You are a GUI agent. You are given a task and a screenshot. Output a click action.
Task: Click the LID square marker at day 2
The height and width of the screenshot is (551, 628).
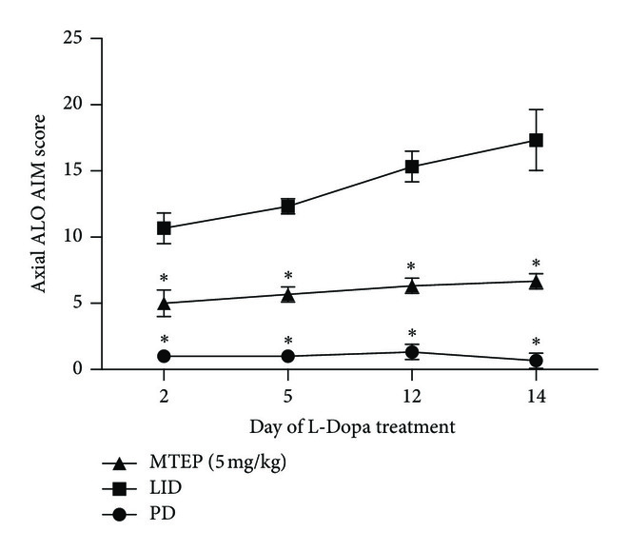pyautogui.click(x=164, y=228)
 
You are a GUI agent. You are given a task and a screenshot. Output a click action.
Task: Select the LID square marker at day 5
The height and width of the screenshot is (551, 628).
pyautogui.click(x=287, y=207)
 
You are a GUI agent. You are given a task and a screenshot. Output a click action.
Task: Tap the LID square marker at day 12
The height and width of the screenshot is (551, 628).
pyautogui.click(x=412, y=167)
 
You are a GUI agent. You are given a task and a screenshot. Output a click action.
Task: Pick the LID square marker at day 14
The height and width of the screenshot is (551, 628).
pyautogui.click(x=537, y=140)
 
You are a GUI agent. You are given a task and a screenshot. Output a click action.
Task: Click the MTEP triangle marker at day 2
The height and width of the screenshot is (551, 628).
pyautogui.click(x=164, y=304)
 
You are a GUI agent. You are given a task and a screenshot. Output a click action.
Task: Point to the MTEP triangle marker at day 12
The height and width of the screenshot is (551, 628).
pyautogui.click(x=412, y=285)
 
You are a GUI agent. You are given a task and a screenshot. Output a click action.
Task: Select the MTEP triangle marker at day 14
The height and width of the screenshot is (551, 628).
pyautogui.click(x=537, y=282)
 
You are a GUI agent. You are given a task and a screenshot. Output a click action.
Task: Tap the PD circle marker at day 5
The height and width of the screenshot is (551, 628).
pyautogui.click(x=287, y=356)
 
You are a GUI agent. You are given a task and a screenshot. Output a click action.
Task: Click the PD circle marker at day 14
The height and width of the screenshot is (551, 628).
pyautogui.click(x=537, y=361)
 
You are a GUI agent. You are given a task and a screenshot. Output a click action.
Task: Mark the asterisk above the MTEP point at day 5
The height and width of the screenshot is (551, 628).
pyautogui.click(x=287, y=275)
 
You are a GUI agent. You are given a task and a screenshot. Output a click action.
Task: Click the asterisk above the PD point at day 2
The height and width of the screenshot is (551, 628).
pyautogui.click(x=164, y=340)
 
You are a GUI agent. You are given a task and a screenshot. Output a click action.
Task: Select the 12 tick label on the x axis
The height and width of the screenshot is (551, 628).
pyautogui.click(x=412, y=394)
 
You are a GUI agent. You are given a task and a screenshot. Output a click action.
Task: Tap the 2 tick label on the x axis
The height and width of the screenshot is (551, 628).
pyautogui.click(x=164, y=394)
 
